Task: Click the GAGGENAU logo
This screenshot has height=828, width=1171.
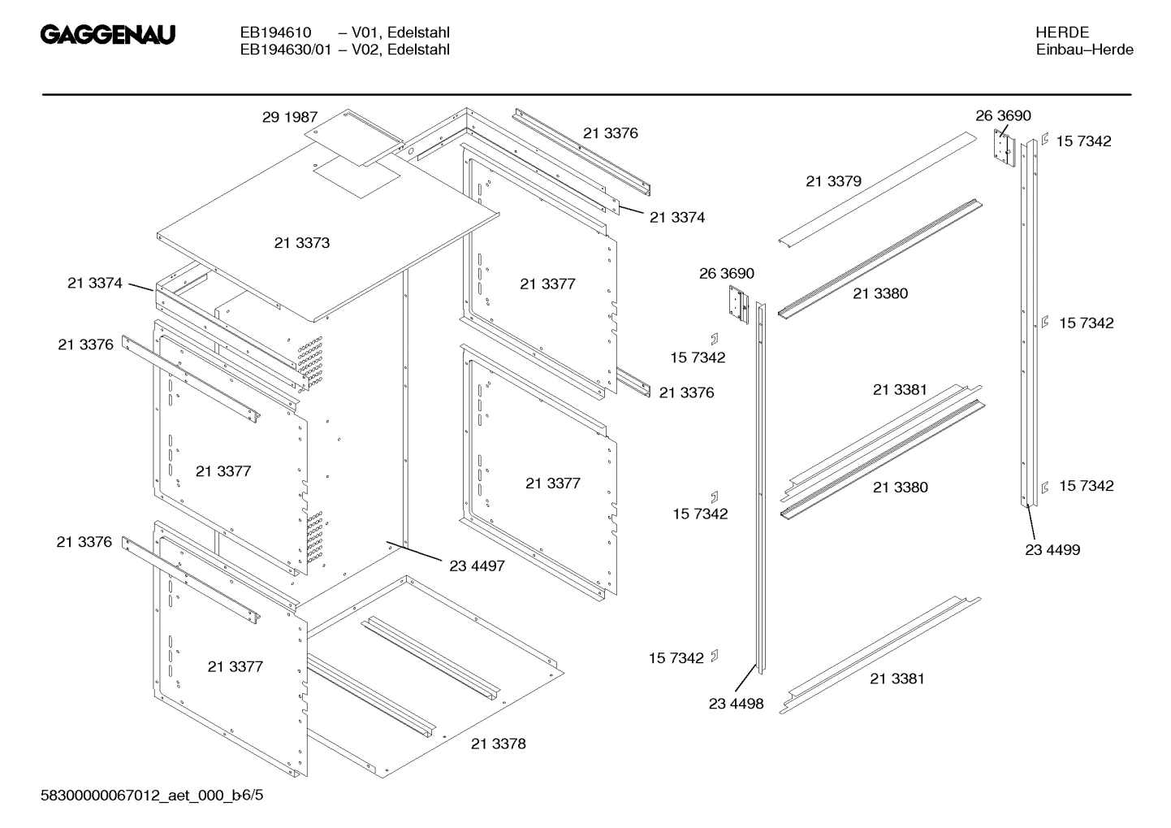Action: pyautogui.click(x=108, y=35)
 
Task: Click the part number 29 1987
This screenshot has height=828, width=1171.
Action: pyautogui.click(x=289, y=117)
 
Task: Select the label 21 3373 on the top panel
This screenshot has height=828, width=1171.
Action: pyautogui.click(x=302, y=243)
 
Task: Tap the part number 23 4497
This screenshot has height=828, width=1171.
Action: pyautogui.click(x=477, y=566)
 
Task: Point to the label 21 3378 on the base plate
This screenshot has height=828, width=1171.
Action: pyautogui.click(x=498, y=743)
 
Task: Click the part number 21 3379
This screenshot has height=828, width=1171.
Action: pyautogui.click(x=833, y=181)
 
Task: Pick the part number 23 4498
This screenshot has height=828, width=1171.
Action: pyautogui.click(x=736, y=704)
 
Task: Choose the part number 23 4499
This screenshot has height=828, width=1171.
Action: pyautogui.click(x=1052, y=550)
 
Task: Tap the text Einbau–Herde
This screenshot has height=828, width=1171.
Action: pyautogui.click(x=1084, y=50)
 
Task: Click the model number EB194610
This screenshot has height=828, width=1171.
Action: pyautogui.click(x=275, y=33)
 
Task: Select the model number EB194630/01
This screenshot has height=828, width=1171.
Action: pyautogui.click(x=285, y=50)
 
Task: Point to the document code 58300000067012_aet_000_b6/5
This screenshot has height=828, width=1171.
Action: pyautogui.click(x=152, y=795)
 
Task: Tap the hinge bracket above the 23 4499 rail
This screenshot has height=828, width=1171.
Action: pyautogui.click(x=1005, y=148)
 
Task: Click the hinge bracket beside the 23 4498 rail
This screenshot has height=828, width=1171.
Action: pyautogui.click(x=737, y=305)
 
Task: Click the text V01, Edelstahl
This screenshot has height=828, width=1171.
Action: pyautogui.click(x=400, y=33)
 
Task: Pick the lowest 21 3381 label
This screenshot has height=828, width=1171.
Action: pyautogui.click(x=897, y=678)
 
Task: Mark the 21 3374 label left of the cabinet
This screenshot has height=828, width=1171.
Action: pyautogui.click(x=94, y=283)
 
